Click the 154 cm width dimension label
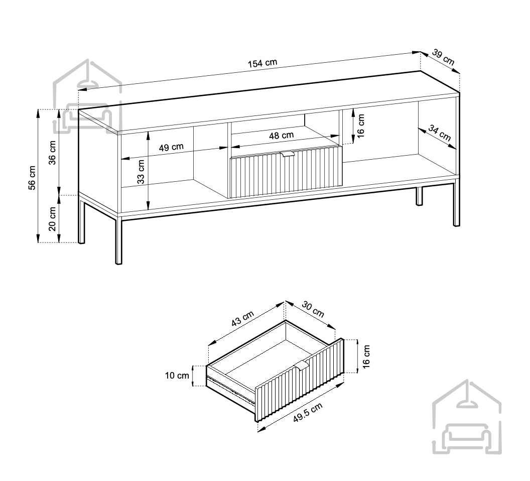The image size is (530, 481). click(262, 63)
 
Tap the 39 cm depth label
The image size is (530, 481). click(443, 58)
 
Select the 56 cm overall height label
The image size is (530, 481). click(32, 178)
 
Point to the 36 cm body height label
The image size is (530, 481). click(52, 153)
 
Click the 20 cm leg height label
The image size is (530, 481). click(52, 219)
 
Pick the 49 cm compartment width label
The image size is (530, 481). click(171, 147)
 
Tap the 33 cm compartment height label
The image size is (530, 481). click(141, 172)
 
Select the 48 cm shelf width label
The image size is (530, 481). click(281, 135)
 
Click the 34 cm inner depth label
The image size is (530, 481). click(440, 133)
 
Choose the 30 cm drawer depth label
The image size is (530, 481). click(313, 309)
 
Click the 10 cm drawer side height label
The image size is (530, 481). click(177, 376)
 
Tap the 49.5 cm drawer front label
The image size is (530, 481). click(308, 412)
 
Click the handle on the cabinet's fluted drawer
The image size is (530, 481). click(287, 154)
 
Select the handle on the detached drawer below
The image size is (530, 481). click(302, 366)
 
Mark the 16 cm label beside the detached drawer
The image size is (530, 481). click(366, 356)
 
